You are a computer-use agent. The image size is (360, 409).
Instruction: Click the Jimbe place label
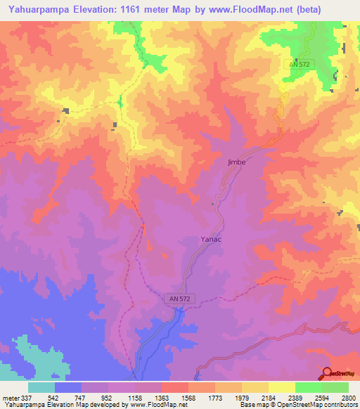[x=236, y=162]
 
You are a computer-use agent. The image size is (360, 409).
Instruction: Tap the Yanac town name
[x=212, y=239]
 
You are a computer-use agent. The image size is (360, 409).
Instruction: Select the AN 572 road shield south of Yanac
[x=180, y=299]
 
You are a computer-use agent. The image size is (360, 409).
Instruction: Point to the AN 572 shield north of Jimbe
[x=299, y=64]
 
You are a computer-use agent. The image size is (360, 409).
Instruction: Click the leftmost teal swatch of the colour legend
[x=41, y=387]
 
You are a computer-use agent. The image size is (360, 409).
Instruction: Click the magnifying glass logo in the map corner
[x=328, y=373]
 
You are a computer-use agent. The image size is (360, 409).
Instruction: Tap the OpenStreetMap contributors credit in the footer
[x=319, y=405]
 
